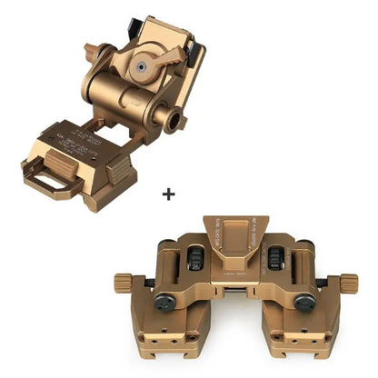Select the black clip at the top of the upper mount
[129, 20]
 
